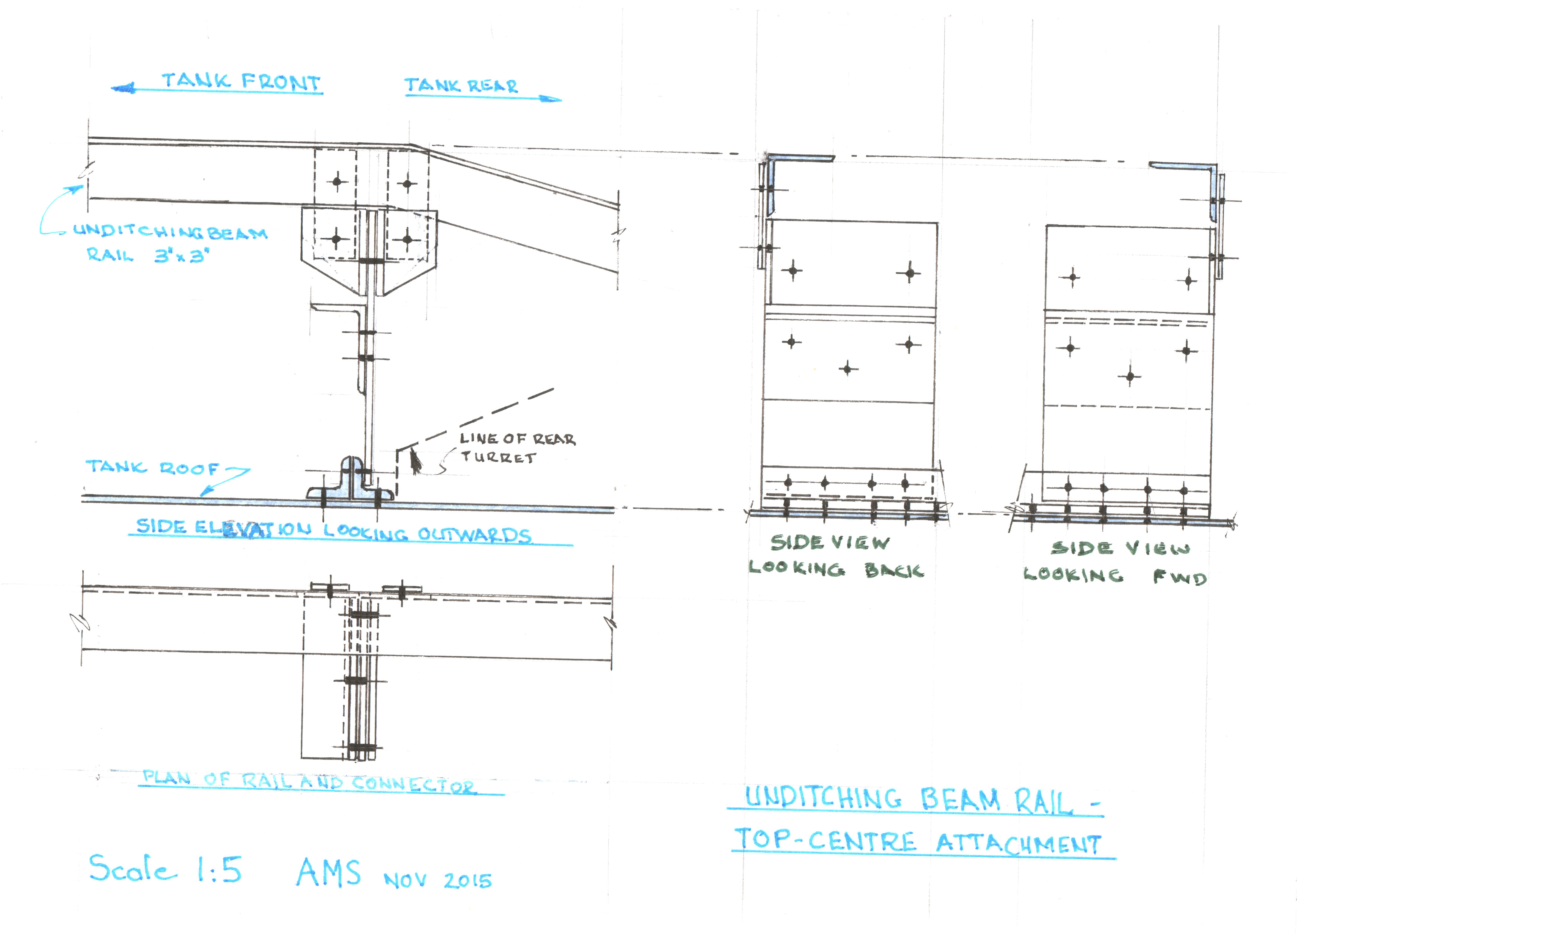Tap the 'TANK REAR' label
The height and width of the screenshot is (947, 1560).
[x=461, y=85]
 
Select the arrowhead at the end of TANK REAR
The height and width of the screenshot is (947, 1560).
[x=551, y=99]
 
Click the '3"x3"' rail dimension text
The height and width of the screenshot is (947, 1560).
[x=181, y=256]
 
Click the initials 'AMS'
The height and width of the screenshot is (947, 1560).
[x=329, y=872]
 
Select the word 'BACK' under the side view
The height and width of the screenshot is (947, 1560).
[x=894, y=570]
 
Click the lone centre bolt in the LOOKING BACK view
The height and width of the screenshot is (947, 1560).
[x=848, y=368]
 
